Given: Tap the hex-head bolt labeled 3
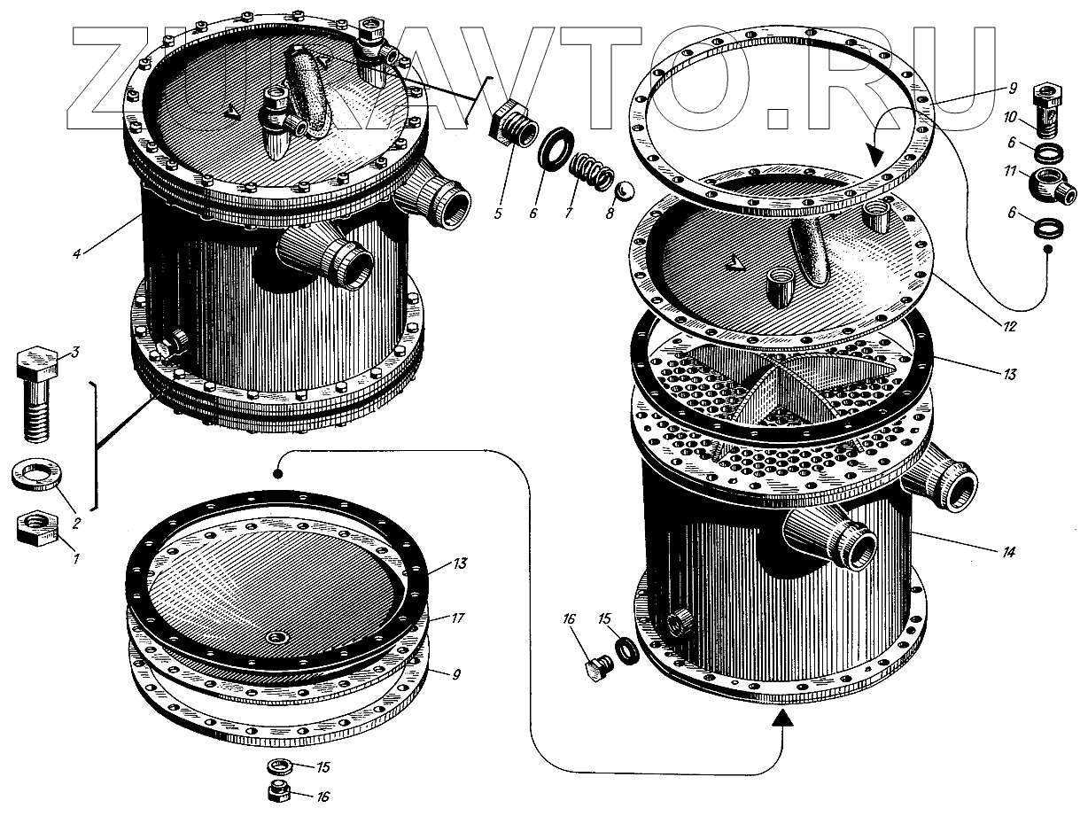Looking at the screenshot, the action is (x=36, y=390).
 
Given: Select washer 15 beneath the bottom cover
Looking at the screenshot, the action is (x=282, y=765).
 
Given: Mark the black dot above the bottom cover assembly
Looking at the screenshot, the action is (x=278, y=474).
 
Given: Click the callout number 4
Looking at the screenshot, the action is (x=77, y=254).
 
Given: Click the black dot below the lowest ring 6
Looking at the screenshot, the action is (x=1048, y=251).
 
